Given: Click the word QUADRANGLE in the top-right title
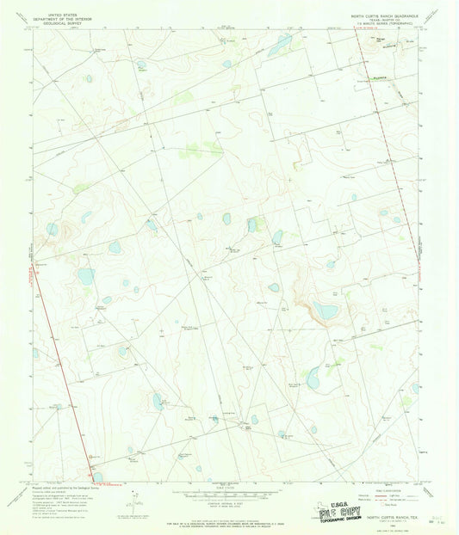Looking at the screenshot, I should point(408,15).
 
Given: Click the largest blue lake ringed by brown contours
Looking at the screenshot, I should point(325,310).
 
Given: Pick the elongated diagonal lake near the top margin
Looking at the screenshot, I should point(279,46).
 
